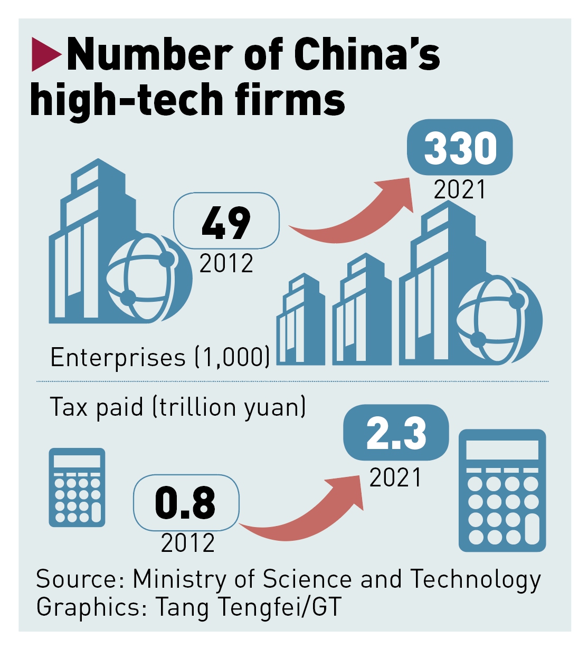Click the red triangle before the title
45,54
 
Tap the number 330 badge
460,148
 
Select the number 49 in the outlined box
226,222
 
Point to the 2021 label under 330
459,189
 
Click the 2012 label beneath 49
226,263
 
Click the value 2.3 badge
396,433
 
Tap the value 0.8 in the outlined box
186,502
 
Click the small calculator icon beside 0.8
77,487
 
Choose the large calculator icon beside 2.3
502,491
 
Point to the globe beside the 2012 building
149,278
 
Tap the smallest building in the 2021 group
300,322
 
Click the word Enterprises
118,358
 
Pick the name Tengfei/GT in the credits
279,607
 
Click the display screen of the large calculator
502,450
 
